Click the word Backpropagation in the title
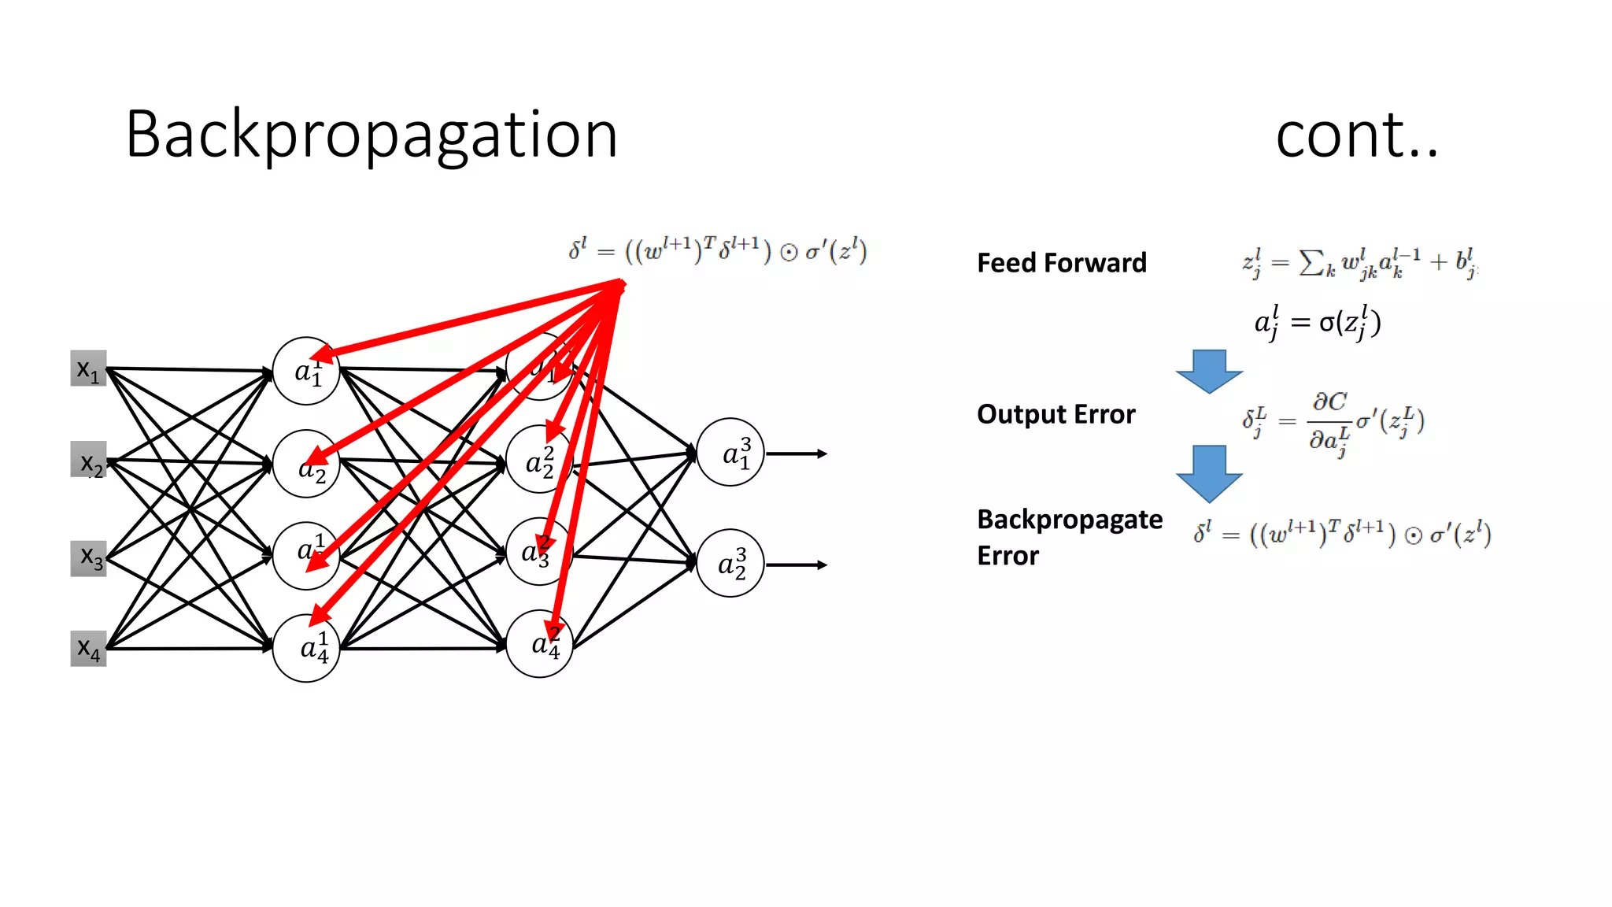[371, 135]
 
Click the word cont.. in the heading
[1356, 135]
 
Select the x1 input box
[88, 368]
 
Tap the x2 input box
[89, 460]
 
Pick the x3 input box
[89, 558]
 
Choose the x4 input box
[88, 649]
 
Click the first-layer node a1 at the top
[305, 371]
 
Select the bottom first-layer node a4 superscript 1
[305, 648]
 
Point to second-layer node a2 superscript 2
[538, 460]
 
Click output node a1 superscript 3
[730, 453]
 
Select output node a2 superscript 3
[730, 563]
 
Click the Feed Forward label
[1061, 263]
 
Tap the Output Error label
[1056, 414]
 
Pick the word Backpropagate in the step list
[1069, 520]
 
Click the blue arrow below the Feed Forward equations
[1209, 371]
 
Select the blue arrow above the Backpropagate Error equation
[1209, 473]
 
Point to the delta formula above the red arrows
[717, 250]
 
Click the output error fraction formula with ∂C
[1333, 422]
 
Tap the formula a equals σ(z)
[1317, 323]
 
